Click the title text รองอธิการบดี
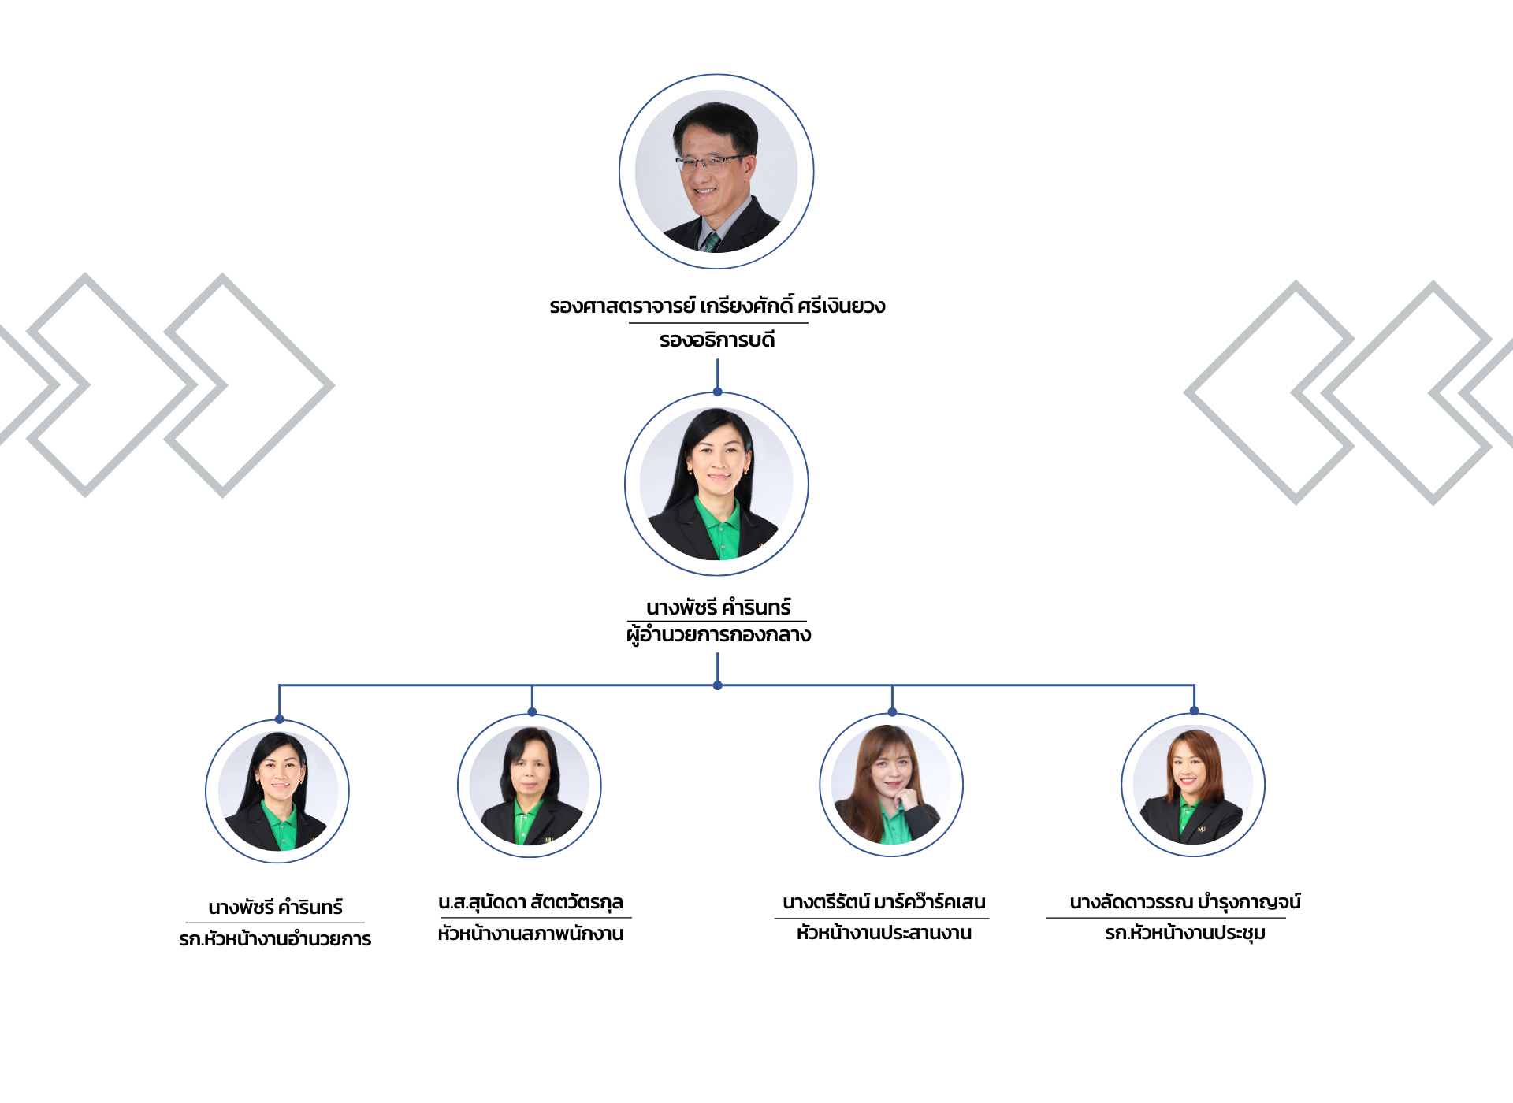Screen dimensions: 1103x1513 717,340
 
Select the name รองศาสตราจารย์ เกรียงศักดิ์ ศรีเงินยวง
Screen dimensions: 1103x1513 717,306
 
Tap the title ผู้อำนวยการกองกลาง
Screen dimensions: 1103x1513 718,635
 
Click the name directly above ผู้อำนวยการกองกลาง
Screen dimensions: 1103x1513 718,607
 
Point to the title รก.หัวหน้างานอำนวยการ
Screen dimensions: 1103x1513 275,939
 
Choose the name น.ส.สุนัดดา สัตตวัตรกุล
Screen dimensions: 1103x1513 530,902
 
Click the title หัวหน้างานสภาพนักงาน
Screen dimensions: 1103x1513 530,934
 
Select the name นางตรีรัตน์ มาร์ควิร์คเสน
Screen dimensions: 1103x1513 883,902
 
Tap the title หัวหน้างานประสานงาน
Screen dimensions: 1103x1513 883,933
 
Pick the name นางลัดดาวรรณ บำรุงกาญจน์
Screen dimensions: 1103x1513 1184,902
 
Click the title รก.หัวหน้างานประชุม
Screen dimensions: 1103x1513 1184,933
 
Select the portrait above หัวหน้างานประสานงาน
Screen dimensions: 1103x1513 891,785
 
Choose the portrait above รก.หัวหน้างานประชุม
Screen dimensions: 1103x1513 1193,785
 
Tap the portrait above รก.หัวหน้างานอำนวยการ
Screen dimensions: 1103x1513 277,790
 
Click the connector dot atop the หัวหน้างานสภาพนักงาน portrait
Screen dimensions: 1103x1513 532,712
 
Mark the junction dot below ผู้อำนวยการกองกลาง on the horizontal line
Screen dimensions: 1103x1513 717,685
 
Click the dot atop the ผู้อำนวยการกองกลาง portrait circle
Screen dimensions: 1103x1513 717,392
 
